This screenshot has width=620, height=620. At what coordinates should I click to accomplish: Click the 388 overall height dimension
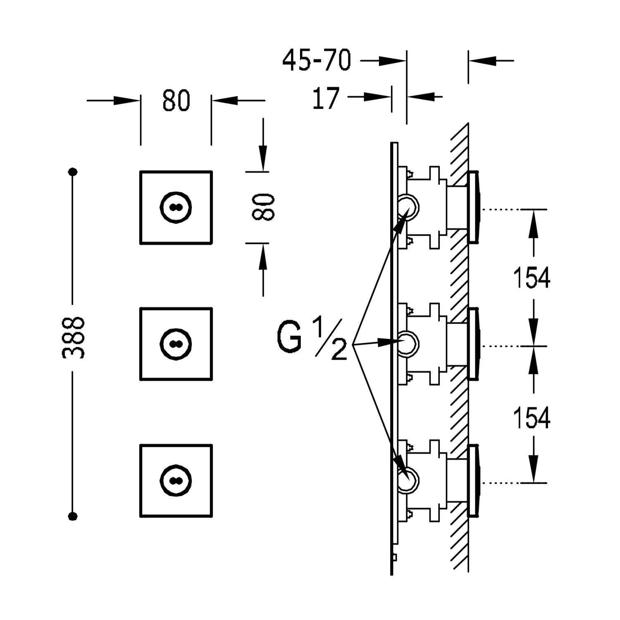74,337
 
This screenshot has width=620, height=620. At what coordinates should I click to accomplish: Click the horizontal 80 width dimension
176,100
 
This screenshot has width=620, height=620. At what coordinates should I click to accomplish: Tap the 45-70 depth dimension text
317,60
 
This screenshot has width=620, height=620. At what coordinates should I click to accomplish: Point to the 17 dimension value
326,98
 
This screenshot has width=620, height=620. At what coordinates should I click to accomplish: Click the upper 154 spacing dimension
532,278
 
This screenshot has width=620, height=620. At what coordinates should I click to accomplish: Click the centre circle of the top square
176,207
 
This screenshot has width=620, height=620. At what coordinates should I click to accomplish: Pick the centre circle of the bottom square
176,481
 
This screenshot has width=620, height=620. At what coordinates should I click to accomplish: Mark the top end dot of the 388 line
73,172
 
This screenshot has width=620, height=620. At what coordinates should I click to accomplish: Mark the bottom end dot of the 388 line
73,515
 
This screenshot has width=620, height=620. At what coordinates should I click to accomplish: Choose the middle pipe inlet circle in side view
408,343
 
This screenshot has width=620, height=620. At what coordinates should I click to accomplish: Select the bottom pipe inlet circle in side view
408,479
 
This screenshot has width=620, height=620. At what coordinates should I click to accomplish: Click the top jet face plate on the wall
474,207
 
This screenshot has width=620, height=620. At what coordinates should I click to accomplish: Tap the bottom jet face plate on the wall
474,481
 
